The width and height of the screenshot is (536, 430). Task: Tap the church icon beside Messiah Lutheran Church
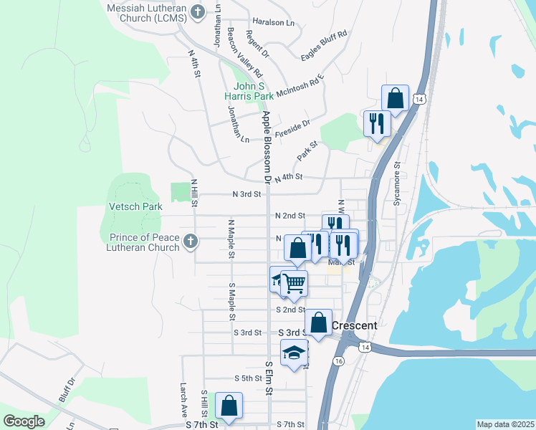[198, 11]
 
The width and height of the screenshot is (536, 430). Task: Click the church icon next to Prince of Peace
[190, 242]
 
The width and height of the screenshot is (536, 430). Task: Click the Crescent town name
[354, 325]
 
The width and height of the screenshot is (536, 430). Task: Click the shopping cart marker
[293, 283]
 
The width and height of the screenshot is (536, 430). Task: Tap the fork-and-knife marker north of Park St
[375, 123]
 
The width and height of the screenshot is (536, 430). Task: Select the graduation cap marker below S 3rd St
[293, 353]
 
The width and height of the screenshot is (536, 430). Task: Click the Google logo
[24, 421]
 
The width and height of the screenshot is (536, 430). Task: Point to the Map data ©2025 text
[505, 424]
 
